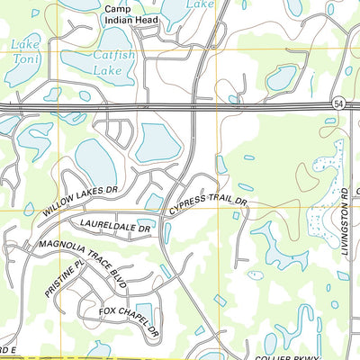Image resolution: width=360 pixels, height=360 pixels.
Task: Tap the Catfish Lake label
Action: (x=112, y=60)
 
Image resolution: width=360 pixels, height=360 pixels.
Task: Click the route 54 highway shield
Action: (x=335, y=104)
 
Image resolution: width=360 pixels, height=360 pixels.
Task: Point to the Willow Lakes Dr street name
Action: (x=80, y=199)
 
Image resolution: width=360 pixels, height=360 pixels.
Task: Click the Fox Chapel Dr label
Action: (x=129, y=323)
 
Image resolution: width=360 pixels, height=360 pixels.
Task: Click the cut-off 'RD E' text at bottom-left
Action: (x=8, y=350)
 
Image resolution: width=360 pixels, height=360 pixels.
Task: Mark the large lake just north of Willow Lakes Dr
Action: (x=94, y=162)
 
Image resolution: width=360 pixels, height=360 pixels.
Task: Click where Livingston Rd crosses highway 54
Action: (x=349, y=107)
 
